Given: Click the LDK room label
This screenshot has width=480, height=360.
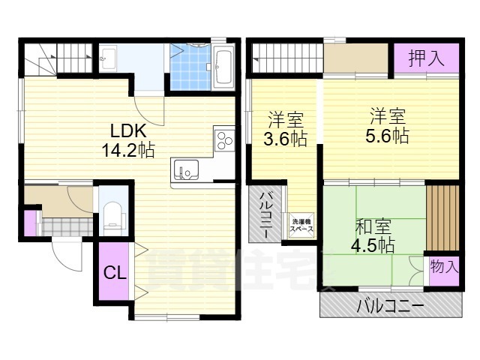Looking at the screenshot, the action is click(x=128, y=131).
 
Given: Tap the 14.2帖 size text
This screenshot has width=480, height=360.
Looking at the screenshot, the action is click(x=128, y=150).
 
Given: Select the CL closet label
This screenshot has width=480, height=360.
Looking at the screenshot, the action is click(x=115, y=272).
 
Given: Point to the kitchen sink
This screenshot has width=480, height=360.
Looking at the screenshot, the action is click(x=186, y=169).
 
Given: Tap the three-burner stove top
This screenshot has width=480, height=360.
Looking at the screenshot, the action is click(x=225, y=140).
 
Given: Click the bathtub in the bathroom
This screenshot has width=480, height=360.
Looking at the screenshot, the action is click(x=223, y=67).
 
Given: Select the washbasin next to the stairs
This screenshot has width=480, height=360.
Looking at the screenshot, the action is click(x=108, y=58).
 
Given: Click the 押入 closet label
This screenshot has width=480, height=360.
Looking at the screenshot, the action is click(x=426, y=58).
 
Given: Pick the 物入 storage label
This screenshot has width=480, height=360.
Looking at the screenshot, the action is click(x=444, y=267).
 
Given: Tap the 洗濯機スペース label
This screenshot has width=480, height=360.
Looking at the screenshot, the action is click(x=301, y=225).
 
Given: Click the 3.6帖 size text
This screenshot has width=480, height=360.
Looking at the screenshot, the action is click(x=285, y=139).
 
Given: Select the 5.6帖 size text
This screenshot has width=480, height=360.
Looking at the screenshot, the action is click(x=387, y=136).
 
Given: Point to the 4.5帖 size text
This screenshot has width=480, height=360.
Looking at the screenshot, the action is click(x=373, y=245).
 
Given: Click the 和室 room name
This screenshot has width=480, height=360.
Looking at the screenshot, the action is click(x=373, y=226).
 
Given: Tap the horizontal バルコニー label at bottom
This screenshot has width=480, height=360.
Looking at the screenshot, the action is click(x=391, y=306).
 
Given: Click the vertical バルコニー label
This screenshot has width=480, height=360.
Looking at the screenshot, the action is click(x=265, y=214).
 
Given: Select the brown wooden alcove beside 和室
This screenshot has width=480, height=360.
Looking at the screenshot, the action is click(x=442, y=218).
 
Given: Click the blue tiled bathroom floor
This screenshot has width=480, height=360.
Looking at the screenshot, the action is click(x=190, y=67).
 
